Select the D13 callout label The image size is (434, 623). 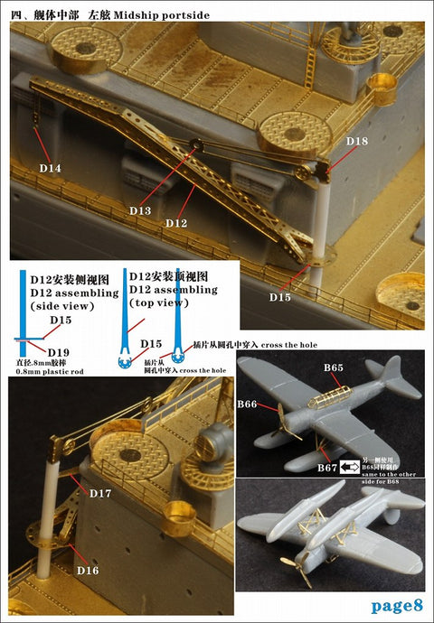[x=140, y=209]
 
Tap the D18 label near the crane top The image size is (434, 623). [x=356, y=141]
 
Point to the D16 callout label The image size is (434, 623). [x=88, y=571]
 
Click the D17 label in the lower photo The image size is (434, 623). [x=101, y=493]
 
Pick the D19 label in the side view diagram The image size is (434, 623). [x=59, y=351]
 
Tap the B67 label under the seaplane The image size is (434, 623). [x=328, y=467]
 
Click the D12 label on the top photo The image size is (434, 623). [x=177, y=222]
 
